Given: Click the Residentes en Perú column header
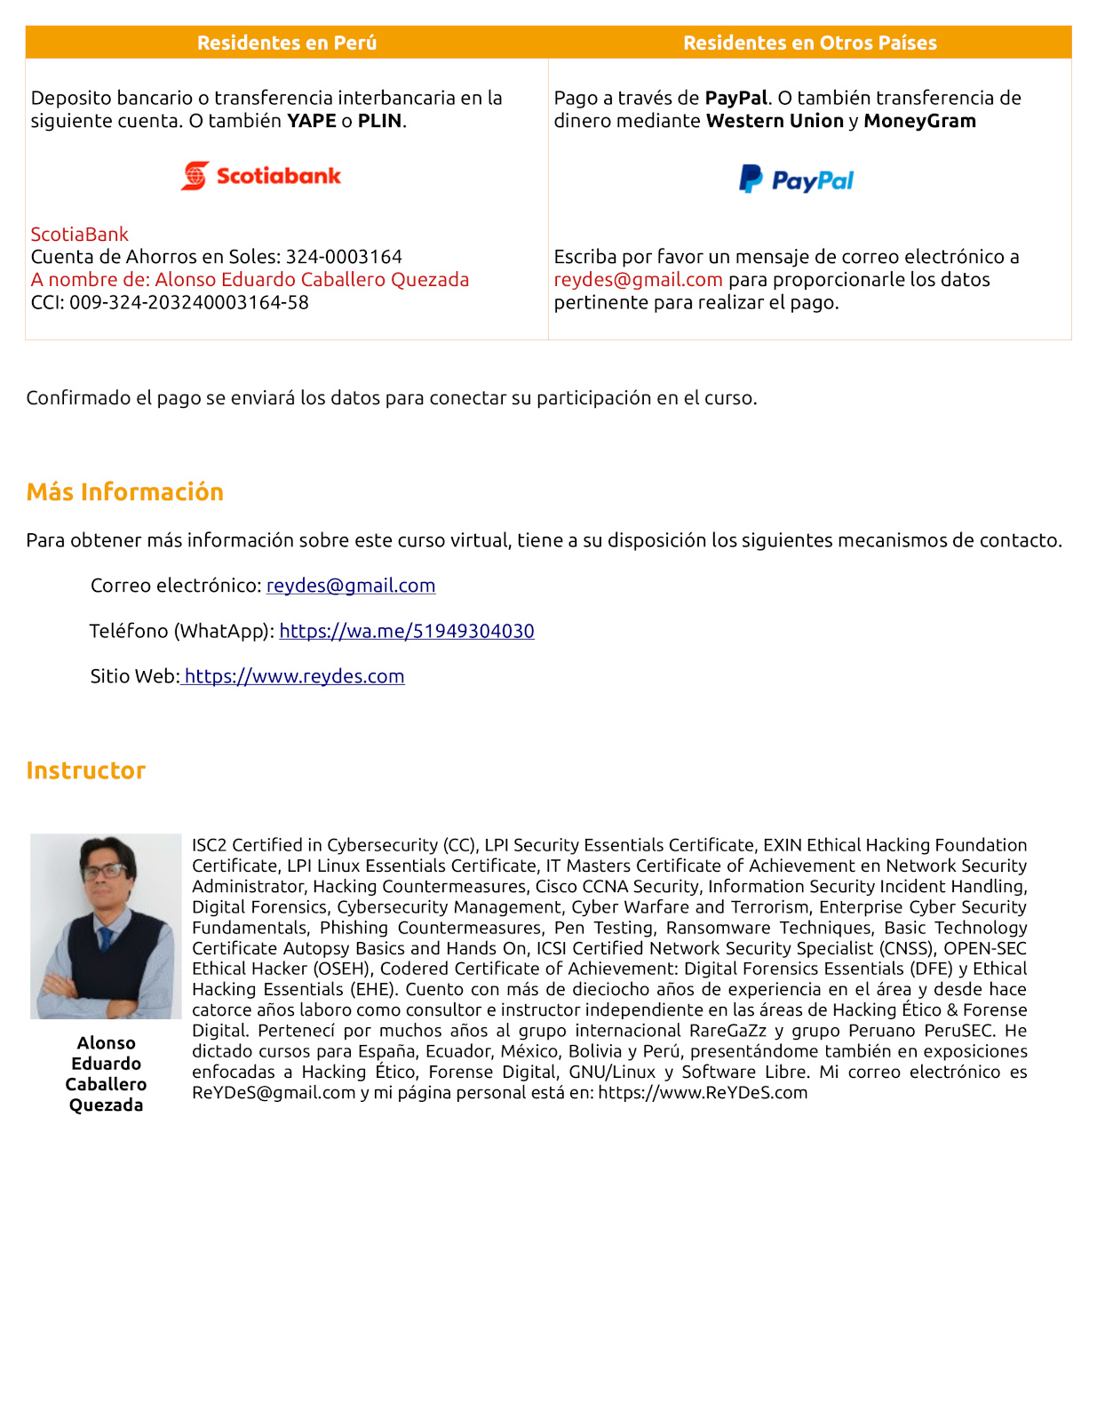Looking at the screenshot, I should point(286,43).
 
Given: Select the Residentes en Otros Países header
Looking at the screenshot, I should point(809,43).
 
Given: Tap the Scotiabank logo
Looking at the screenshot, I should point(261,176).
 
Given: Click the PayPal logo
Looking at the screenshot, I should point(797,179).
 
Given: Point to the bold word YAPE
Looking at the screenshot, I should point(311,121).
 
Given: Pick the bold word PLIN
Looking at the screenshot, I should point(379,121).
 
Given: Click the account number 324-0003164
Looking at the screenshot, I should point(344,257).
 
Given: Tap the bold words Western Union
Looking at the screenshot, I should point(775,121).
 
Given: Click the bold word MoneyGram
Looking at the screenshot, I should point(919,121).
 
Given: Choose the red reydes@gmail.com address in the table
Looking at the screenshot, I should point(638,280).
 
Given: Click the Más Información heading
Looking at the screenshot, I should point(125,492).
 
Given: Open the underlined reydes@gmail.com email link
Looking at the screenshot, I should point(351,586).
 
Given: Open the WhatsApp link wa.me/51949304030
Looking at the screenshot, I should point(407,631).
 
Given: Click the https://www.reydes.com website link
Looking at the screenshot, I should point(294,676).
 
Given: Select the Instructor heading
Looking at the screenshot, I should point(86,770).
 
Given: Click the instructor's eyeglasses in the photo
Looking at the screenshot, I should point(105,872).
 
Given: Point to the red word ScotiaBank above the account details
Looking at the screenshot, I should point(80,235).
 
